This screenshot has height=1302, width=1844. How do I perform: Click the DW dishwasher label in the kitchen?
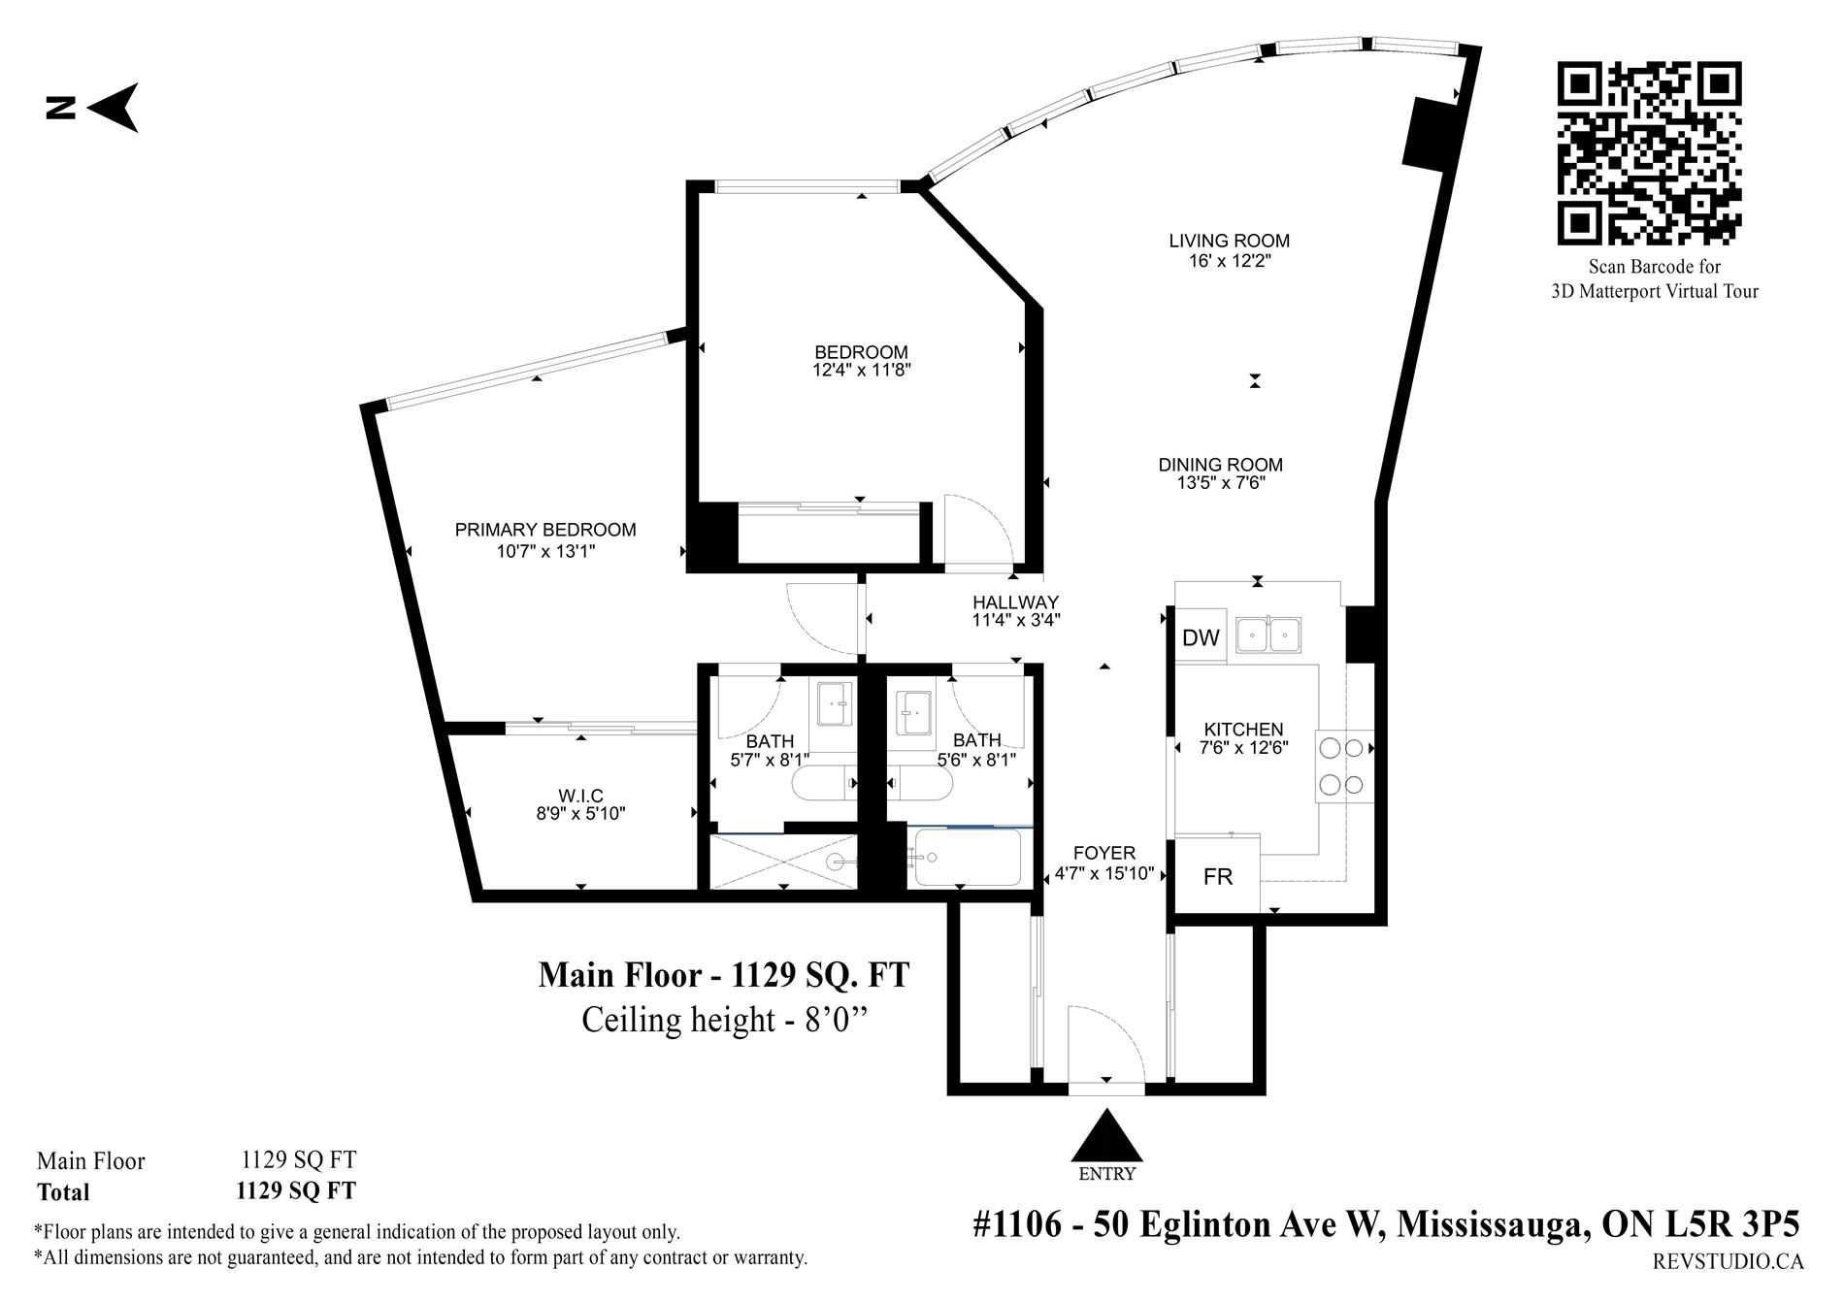(1201, 637)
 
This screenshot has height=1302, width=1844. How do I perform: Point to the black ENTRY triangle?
(1105, 1136)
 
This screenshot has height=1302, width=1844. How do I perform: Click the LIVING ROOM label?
(1229, 241)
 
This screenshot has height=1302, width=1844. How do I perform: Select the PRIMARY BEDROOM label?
(545, 530)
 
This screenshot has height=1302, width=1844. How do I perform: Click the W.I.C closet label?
(581, 797)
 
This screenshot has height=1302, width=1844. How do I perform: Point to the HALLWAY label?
(1015, 602)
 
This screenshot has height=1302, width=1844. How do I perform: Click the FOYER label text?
(1104, 853)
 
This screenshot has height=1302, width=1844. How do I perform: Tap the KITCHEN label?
(1243, 730)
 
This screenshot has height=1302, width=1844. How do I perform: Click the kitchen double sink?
(1268, 637)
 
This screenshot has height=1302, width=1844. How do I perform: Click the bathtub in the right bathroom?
(967, 857)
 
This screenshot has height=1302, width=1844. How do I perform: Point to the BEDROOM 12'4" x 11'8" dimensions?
(862, 370)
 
